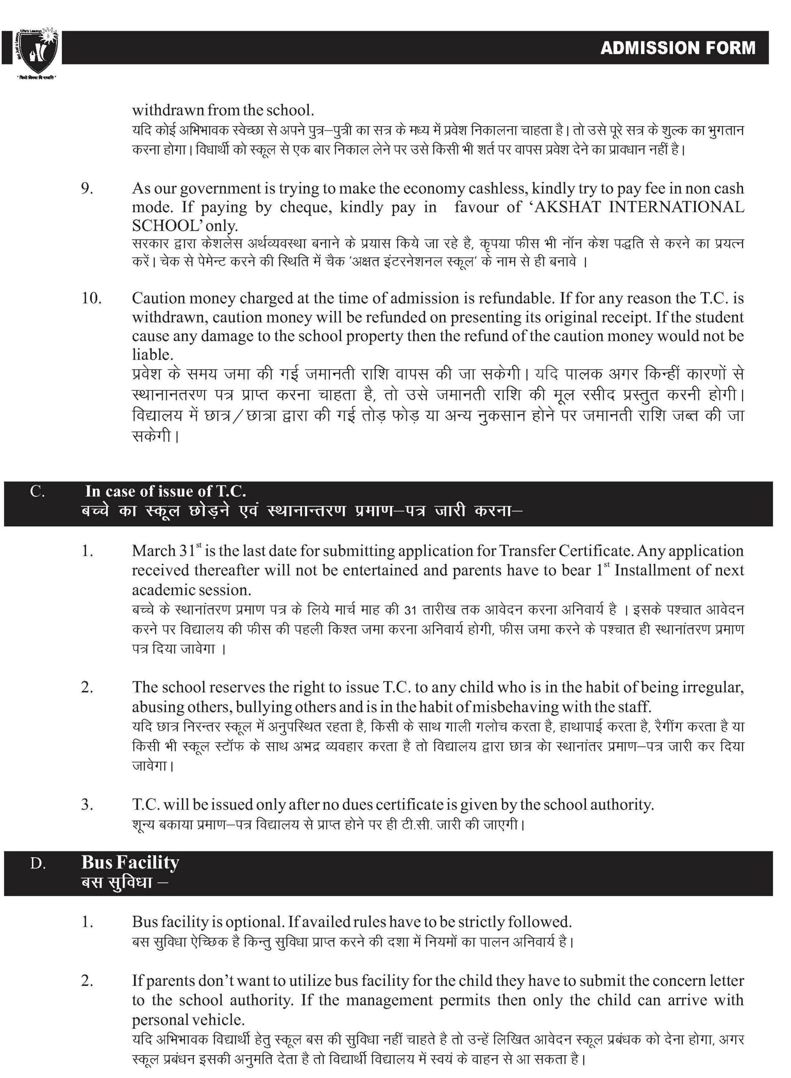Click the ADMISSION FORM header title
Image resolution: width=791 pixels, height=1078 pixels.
click(678, 48)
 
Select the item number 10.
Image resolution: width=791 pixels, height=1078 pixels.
click(91, 298)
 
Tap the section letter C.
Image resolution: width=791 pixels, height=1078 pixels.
click(37, 491)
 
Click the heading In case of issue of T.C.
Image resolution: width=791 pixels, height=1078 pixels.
click(166, 491)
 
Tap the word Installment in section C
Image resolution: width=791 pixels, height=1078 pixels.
click(659, 571)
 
